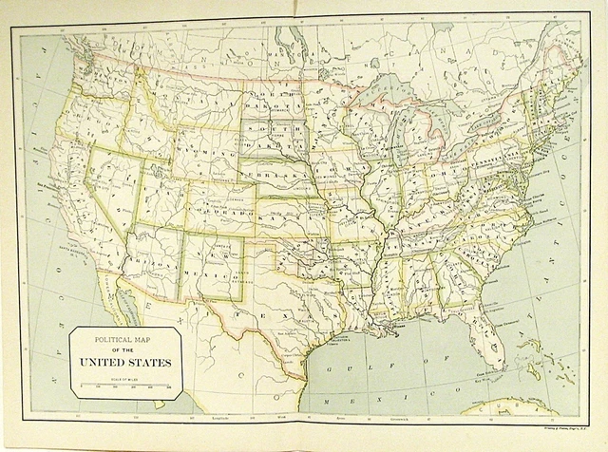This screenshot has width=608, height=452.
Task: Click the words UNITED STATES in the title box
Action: (x=125, y=361)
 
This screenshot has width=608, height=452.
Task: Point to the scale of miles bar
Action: (x=125, y=386)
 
